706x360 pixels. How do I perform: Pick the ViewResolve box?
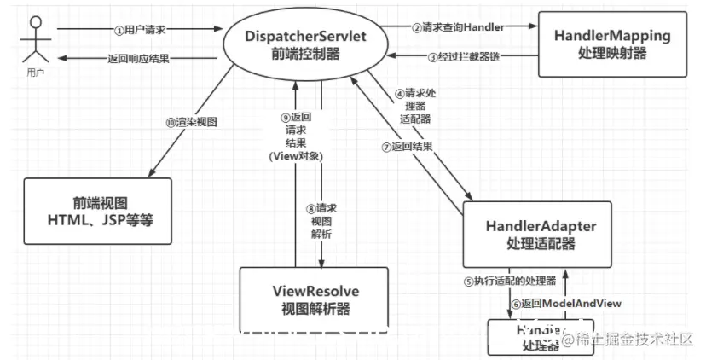[x=313, y=299]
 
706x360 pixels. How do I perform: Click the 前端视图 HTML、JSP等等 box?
[x=98, y=208]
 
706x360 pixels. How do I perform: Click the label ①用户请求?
[x=139, y=30]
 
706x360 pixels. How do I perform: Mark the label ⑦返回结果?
[x=407, y=146]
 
